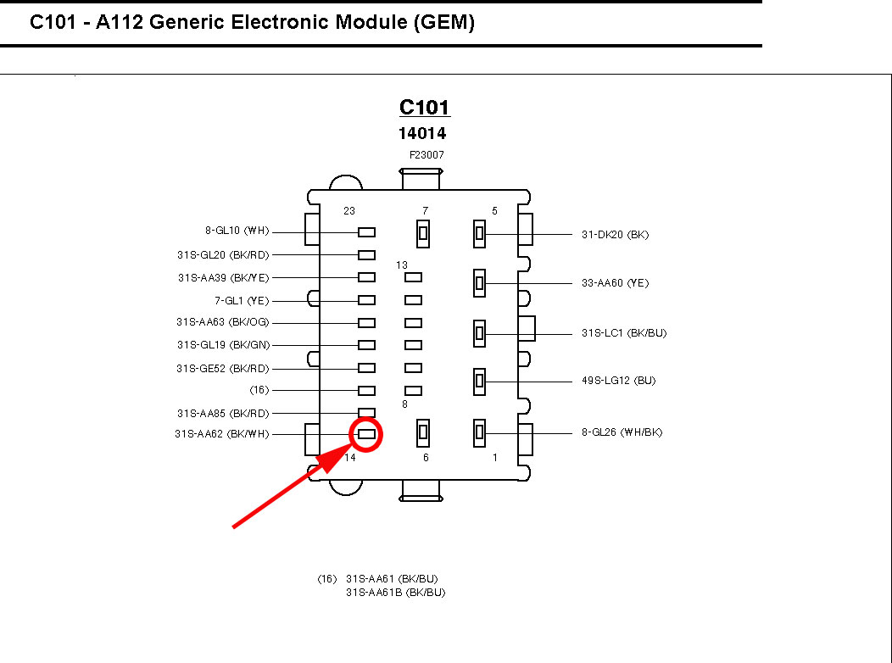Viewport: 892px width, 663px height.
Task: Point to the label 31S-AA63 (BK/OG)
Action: (x=222, y=322)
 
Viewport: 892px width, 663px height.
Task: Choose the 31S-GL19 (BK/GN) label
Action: (x=222, y=345)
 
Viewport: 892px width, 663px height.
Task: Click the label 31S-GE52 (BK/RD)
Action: (x=222, y=368)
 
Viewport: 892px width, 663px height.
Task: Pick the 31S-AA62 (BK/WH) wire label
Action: (x=221, y=435)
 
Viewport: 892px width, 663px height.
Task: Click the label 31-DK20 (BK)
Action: (x=615, y=235)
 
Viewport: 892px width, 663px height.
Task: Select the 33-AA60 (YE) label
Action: (x=615, y=283)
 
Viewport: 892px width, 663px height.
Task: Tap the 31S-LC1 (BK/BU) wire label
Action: (x=623, y=333)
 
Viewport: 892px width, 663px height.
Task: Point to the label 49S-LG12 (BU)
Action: (x=618, y=382)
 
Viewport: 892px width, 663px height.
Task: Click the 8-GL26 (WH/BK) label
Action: (x=622, y=432)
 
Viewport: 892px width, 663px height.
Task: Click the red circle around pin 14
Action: (x=366, y=434)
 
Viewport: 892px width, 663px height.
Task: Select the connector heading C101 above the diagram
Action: (x=424, y=108)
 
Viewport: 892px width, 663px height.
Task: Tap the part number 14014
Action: (x=422, y=134)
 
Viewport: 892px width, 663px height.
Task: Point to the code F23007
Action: (x=426, y=156)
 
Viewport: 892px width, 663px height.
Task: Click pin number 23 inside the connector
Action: (x=348, y=211)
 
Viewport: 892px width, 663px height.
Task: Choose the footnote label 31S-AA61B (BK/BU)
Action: (x=395, y=593)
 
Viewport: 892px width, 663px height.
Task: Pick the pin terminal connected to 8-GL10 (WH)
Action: (x=366, y=232)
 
